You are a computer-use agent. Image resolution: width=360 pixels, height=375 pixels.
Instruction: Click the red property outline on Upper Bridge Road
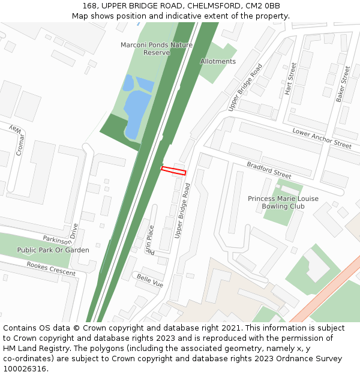coord(173,171)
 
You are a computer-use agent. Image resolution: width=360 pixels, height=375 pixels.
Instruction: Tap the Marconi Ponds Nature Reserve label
coord(157,49)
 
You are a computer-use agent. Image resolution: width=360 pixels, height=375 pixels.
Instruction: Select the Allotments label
coord(218,61)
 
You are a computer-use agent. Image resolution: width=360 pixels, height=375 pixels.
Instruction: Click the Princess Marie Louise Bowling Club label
coord(283,202)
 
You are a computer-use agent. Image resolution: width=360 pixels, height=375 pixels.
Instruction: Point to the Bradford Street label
coord(269,170)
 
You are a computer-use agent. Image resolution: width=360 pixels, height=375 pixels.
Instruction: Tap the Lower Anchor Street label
coord(322,138)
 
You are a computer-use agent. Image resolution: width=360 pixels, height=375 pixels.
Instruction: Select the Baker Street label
coord(343,84)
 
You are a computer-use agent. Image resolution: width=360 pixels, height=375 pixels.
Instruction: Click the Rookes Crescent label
coord(51,268)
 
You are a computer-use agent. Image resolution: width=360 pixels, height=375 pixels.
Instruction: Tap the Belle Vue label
coord(150,280)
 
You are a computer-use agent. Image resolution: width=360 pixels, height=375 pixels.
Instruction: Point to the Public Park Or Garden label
coord(53,250)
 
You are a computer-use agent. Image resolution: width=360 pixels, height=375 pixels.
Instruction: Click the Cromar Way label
coord(16,140)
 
